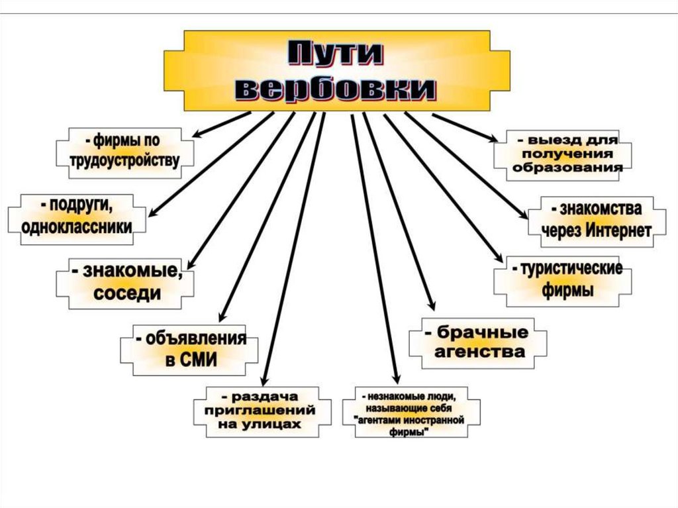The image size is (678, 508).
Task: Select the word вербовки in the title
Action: pyautogui.click(x=336, y=88)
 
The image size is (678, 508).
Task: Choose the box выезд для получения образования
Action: pyautogui.click(x=563, y=154)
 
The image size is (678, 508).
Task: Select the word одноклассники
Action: pyautogui.click(x=77, y=227)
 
